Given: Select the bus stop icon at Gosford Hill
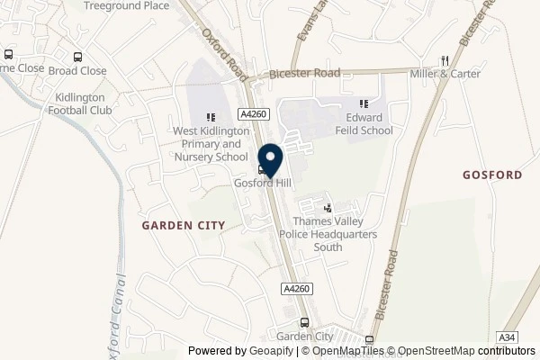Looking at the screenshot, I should click(x=262, y=168).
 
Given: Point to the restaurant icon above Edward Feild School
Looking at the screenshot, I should click(x=364, y=103).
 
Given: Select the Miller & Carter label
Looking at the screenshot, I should click(x=444, y=73).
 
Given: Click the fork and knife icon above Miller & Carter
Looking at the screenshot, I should click(x=444, y=60).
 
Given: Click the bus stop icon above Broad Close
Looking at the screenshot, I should click(x=78, y=56).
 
